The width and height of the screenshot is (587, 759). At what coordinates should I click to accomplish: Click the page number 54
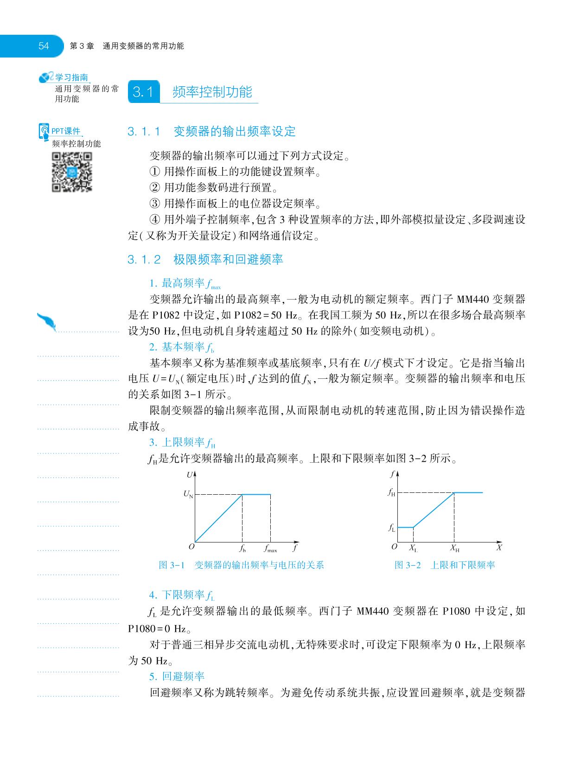coord(44,46)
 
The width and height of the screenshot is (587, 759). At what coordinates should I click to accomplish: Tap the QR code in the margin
coord(71,172)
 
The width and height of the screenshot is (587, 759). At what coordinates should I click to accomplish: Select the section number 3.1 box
coord(143,92)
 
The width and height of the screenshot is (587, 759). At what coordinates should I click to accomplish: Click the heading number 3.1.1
coord(144,132)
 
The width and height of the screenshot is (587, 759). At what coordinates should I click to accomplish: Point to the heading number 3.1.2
coord(144,260)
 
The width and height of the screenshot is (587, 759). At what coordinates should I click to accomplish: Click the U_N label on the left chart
coord(188,495)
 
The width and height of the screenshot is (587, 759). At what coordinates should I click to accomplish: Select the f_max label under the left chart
coord(270,549)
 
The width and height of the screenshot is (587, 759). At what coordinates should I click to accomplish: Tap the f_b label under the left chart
coord(242,549)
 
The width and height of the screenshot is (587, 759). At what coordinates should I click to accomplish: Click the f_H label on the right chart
coord(392,492)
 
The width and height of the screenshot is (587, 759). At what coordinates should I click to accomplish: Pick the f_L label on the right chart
coord(392,528)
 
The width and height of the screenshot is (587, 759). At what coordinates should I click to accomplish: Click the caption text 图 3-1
coord(172,565)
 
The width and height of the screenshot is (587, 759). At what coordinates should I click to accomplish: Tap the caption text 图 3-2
coord(408,565)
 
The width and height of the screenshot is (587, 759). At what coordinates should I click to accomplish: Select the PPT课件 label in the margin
coord(66,131)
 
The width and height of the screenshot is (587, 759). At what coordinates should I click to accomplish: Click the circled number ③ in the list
coord(154,204)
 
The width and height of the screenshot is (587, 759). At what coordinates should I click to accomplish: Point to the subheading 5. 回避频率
coord(177,676)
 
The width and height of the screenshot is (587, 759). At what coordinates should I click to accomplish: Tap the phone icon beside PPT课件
coord(44,132)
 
